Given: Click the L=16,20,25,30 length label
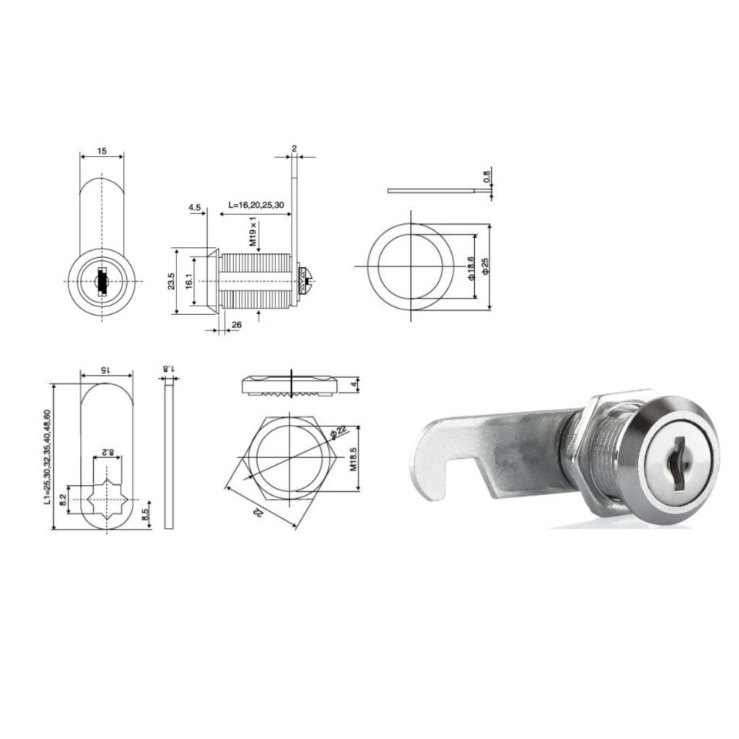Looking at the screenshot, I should pos(257,206).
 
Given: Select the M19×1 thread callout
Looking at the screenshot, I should pos(252,232).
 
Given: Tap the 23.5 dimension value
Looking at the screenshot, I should pos(171,282).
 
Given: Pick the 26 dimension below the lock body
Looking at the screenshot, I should pos(236,325).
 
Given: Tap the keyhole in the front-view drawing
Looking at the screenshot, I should pos(102,282).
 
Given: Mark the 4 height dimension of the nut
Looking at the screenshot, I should pos(353,384).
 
